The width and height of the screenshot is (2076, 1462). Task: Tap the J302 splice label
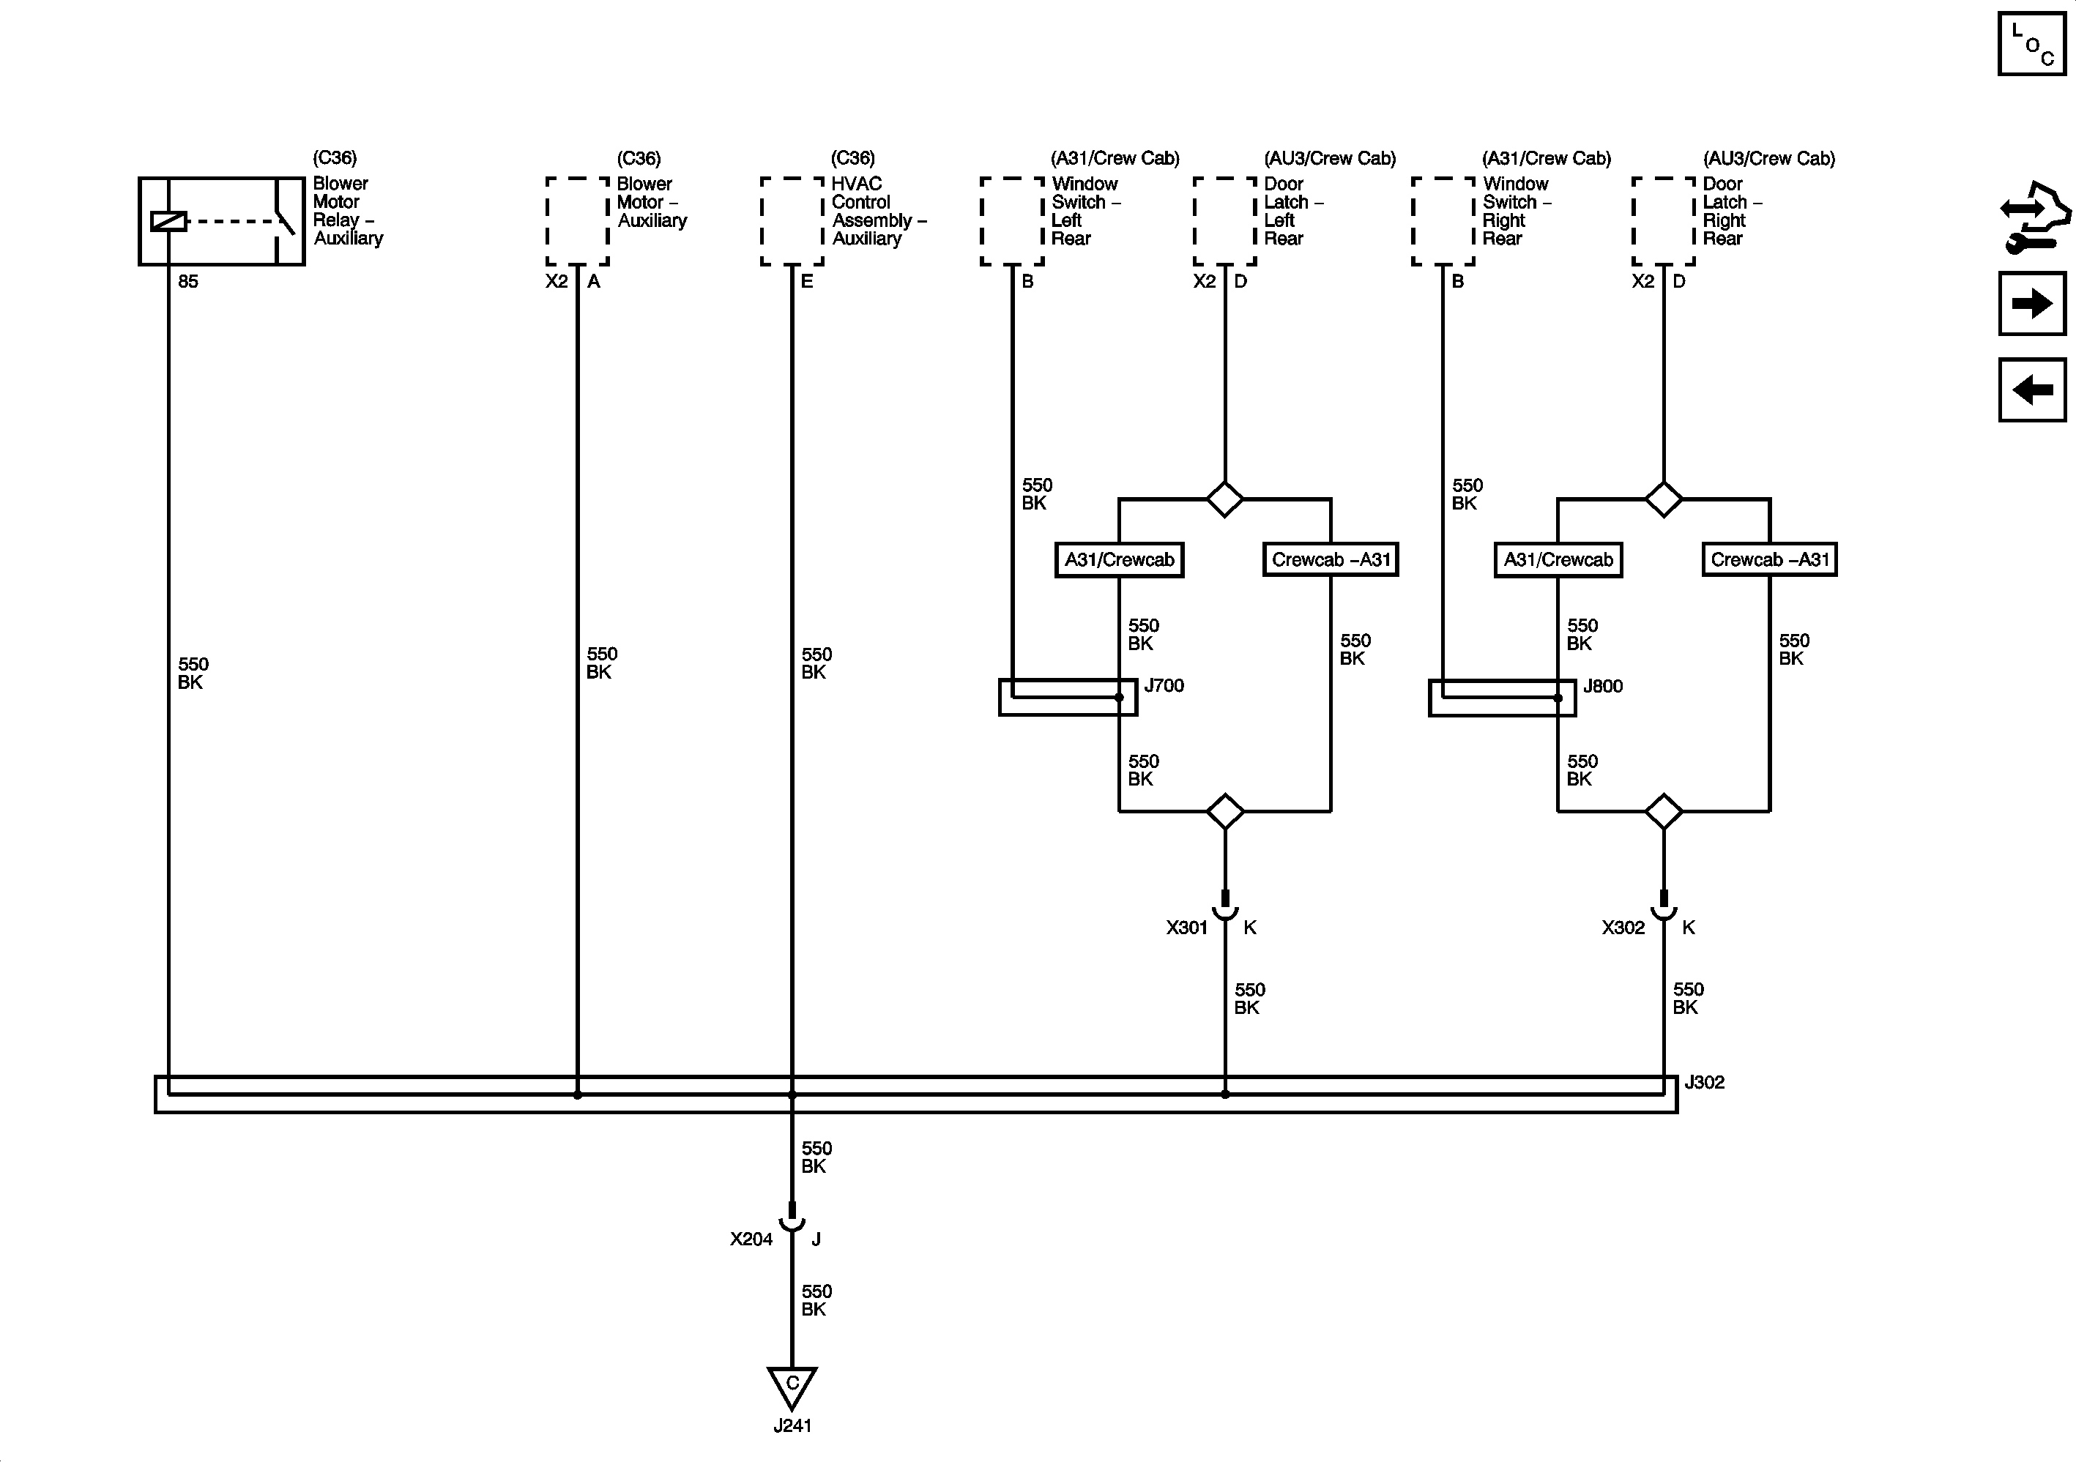click(1705, 1082)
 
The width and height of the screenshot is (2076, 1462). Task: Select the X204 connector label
click(751, 1239)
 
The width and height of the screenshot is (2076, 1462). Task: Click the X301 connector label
click(1186, 928)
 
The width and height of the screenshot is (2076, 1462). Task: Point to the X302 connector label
click(1623, 928)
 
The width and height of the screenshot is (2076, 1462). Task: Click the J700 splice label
click(1164, 685)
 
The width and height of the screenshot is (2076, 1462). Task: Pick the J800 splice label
click(1602, 686)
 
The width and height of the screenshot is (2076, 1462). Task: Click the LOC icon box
click(2031, 43)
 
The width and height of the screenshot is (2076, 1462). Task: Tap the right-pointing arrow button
click(2031, 303)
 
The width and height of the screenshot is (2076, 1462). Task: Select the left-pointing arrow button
click(2031, 389)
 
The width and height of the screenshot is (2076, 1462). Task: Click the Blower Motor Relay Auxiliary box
click(222, 222)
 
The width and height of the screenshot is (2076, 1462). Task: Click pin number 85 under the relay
click(188, 281)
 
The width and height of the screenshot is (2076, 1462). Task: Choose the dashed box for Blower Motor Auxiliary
click(578, 222)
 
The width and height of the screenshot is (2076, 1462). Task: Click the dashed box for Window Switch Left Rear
click(1013, 222)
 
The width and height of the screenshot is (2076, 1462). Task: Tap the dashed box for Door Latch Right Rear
click(1664, 222)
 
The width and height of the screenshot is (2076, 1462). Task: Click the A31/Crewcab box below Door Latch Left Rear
click(1120, 559)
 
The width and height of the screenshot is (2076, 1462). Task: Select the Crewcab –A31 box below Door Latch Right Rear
click(1769, 559)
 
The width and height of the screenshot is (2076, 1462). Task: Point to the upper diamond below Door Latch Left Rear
click(1225, 499)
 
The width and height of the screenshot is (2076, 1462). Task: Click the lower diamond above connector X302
click(1664, 811)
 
